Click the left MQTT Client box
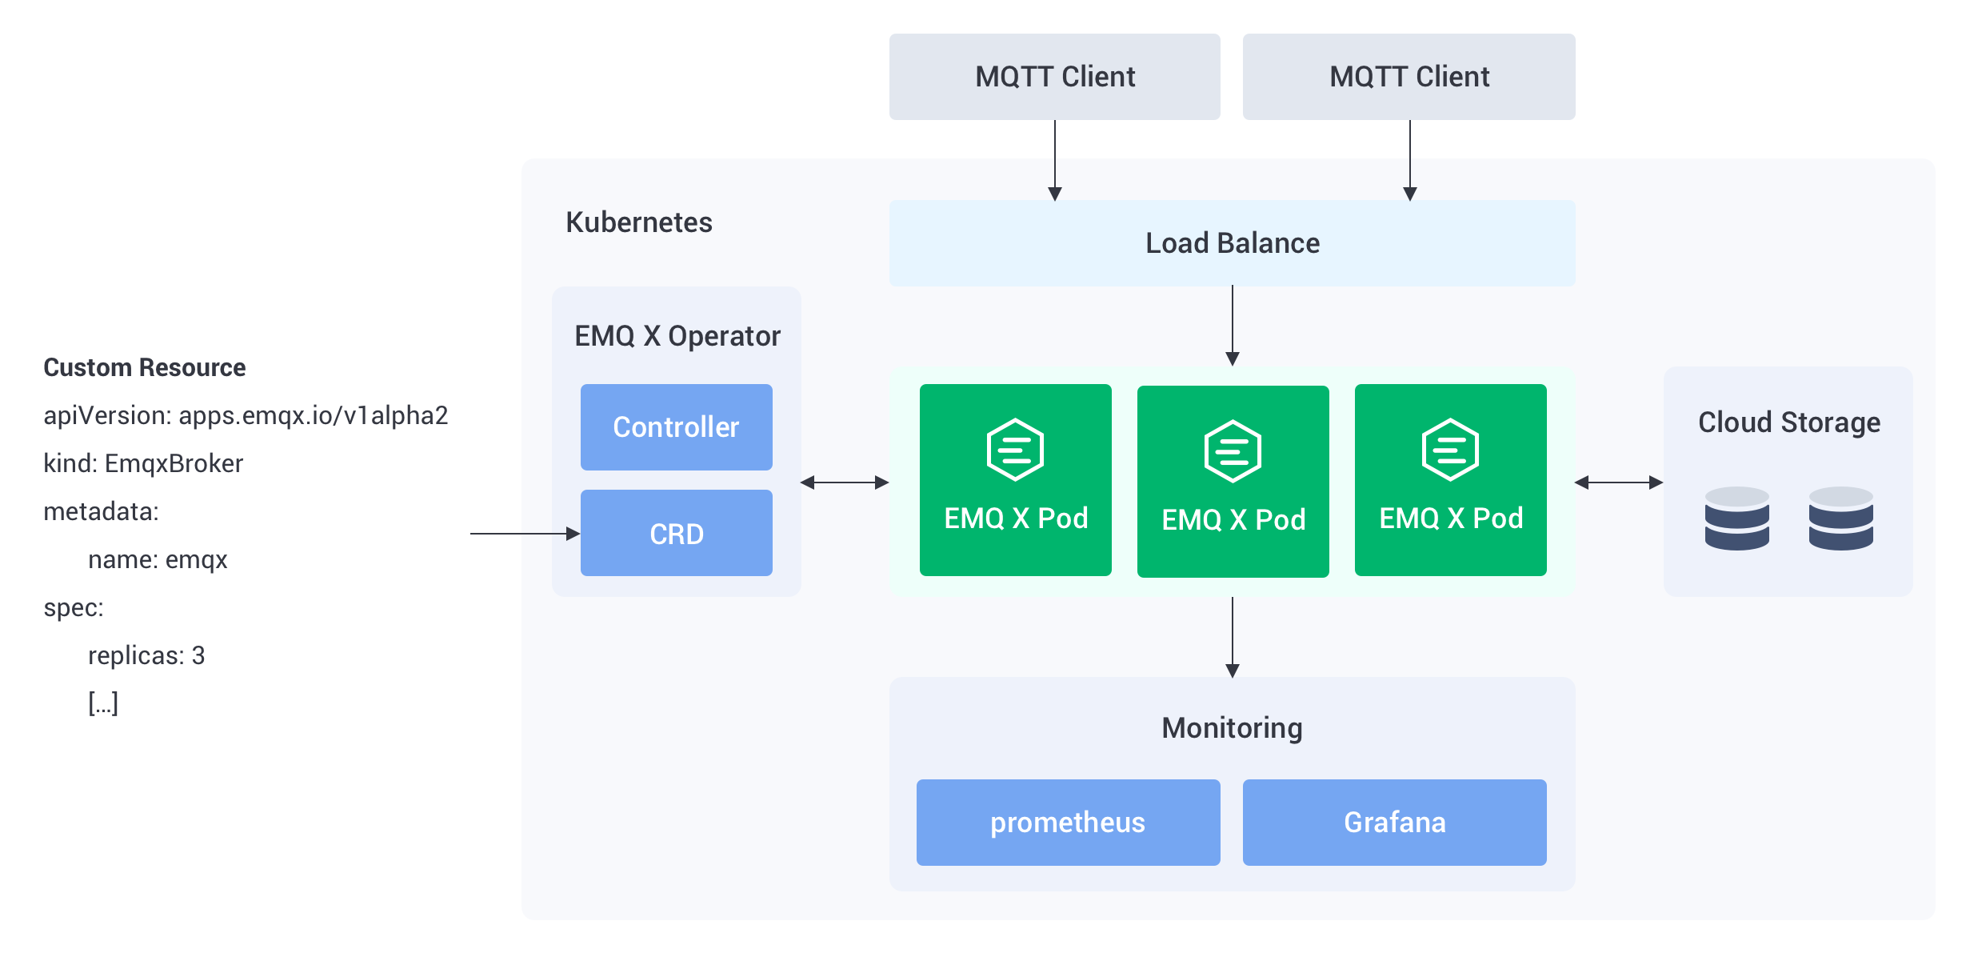pyautogui.click(x=1054, y=77)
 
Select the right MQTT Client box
pyautogui.click(x=1409, y=77)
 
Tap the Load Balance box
pyautogui.click(x=1232, y=243)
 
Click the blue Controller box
pyautogui.click(x=677, y=427)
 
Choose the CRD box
pyautogui.click(x=677, y=533)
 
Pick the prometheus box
pyautogui.click(x=1069, y=823)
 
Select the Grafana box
pyautogui.click(x=1395, y=823)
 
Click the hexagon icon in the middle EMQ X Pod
pyautogui.click(x=1233, y=451)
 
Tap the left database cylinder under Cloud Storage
pyautogui.click(x=1736, y=519)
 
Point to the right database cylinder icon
pyautogui.click(x=1840, y=519)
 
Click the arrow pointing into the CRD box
pyautogui.click(x=525, y=533)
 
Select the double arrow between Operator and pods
pyautogui.click(x=845, y=483)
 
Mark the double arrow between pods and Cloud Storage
pyautogui.click(x=1619, y=483)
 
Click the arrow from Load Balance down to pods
pyautogui.click(x=1233, y=326)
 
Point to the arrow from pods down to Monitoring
pyautogui.click(x=1233, y=638)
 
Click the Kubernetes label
pyautogui.click(x=639, y=222)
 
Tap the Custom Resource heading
pyautogui.click(x=145, y=367)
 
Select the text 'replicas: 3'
pyautogui.click(x=146, y=655)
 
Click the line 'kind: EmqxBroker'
pyautogui.click(x=143, y=463)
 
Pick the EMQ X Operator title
pyautogui.click(x=677, y=336)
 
